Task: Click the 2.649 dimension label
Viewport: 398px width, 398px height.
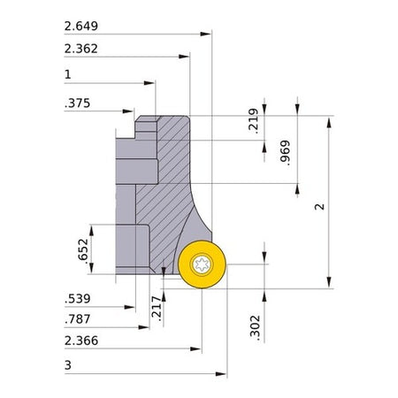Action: pyautogui.click(x=81, y=26)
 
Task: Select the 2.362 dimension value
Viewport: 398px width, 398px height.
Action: pyautogui.click(x=81, y=49)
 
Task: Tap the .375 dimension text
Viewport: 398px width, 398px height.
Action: pyautogui.click(x=77, y=103)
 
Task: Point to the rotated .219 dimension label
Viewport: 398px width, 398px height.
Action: pyautogui.click(x=253, y=121)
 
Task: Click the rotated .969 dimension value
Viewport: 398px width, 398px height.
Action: pyautogui.click(x=285, y=153)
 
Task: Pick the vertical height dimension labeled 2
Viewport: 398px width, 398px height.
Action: pyautogui.click(x=319, y=207)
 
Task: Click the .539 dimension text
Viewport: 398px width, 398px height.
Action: pyautogui.click(x=78, y=299)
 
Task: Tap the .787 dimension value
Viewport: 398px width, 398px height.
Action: pyautogui.click(x=78, y=319)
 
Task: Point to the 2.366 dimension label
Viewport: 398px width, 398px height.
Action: pyautogui.click(x=81, y=341)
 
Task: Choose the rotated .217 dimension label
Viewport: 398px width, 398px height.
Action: pyautogui.click(x=157, y=309)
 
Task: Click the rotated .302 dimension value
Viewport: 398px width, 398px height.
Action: pyautogui.click(x=255, y=328)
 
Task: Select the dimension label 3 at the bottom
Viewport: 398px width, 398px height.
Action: pyautogui.click(x=68, y=365)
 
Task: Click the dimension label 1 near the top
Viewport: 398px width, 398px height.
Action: pyautogui.click(x=68, y=74)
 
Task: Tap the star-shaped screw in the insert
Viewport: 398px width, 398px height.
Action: pyautogui.click(x=202, y=264)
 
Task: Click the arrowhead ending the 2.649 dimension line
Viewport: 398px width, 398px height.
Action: pyautogui.click(x=206, y=34)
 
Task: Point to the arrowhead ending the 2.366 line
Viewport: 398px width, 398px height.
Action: pyautogui.click(x=195, y=349)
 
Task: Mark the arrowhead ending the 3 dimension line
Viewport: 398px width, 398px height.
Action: pyautogui.click(x=221, y=374)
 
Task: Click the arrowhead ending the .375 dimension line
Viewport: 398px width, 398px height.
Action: pyautogui.click(x=128, y=111)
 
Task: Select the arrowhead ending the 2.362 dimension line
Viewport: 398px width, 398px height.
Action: pyautogui.click(x=184, y=57)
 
